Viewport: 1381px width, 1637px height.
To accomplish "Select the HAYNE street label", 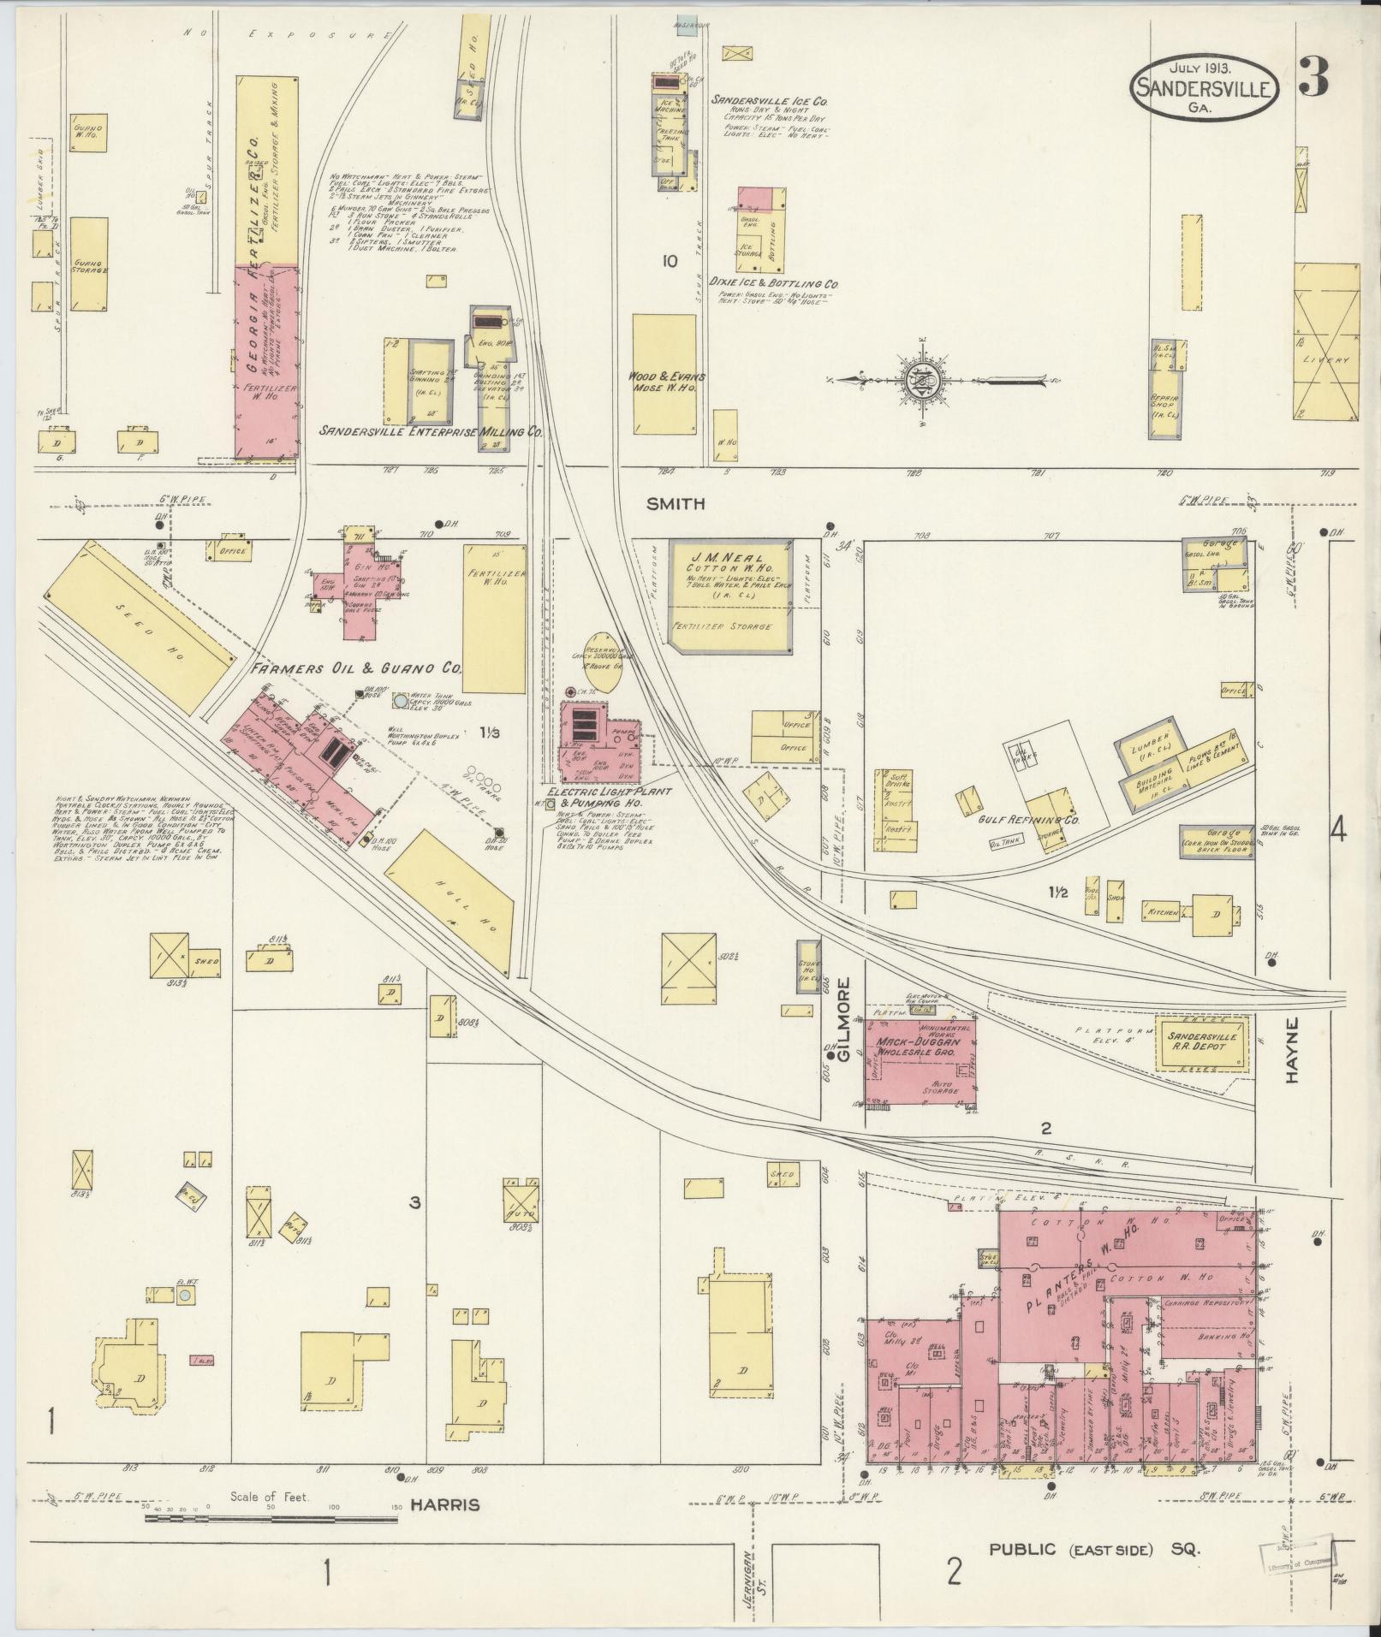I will pos(1291,1050).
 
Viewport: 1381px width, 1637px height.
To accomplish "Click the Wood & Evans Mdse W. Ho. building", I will pos(664,374).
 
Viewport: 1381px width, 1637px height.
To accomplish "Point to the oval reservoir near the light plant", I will pos(601,663).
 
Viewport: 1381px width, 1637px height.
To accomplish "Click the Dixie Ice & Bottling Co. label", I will pos(773,283).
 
